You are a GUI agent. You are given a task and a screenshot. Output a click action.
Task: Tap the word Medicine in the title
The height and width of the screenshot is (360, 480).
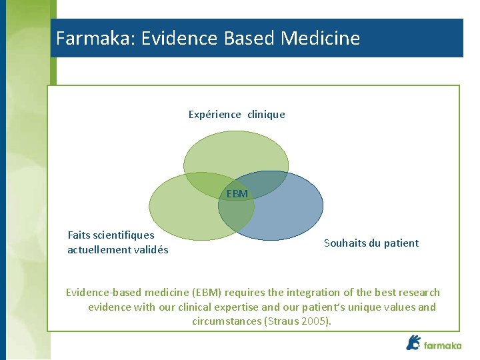point(321,38)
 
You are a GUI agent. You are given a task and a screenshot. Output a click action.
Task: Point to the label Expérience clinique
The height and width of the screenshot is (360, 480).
point(237,115)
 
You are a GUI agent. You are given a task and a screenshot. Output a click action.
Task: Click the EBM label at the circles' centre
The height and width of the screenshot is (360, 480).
point(237,194)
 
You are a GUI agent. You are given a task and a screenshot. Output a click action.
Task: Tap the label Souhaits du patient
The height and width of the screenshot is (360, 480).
point(371,243)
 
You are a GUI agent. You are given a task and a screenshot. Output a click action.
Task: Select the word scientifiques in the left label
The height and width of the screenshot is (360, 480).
point(124,235)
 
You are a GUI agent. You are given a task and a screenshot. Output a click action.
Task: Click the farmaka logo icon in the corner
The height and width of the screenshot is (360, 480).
point(413,343)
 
